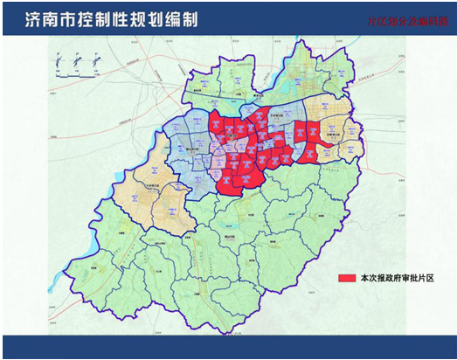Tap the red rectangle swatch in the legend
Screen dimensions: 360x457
coord(345,278)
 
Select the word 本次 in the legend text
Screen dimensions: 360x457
coord(367,278)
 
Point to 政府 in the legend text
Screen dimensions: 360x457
coord(392,278)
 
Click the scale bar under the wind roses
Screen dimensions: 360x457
coord(75,76)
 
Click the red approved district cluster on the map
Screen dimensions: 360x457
coord(262,149)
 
